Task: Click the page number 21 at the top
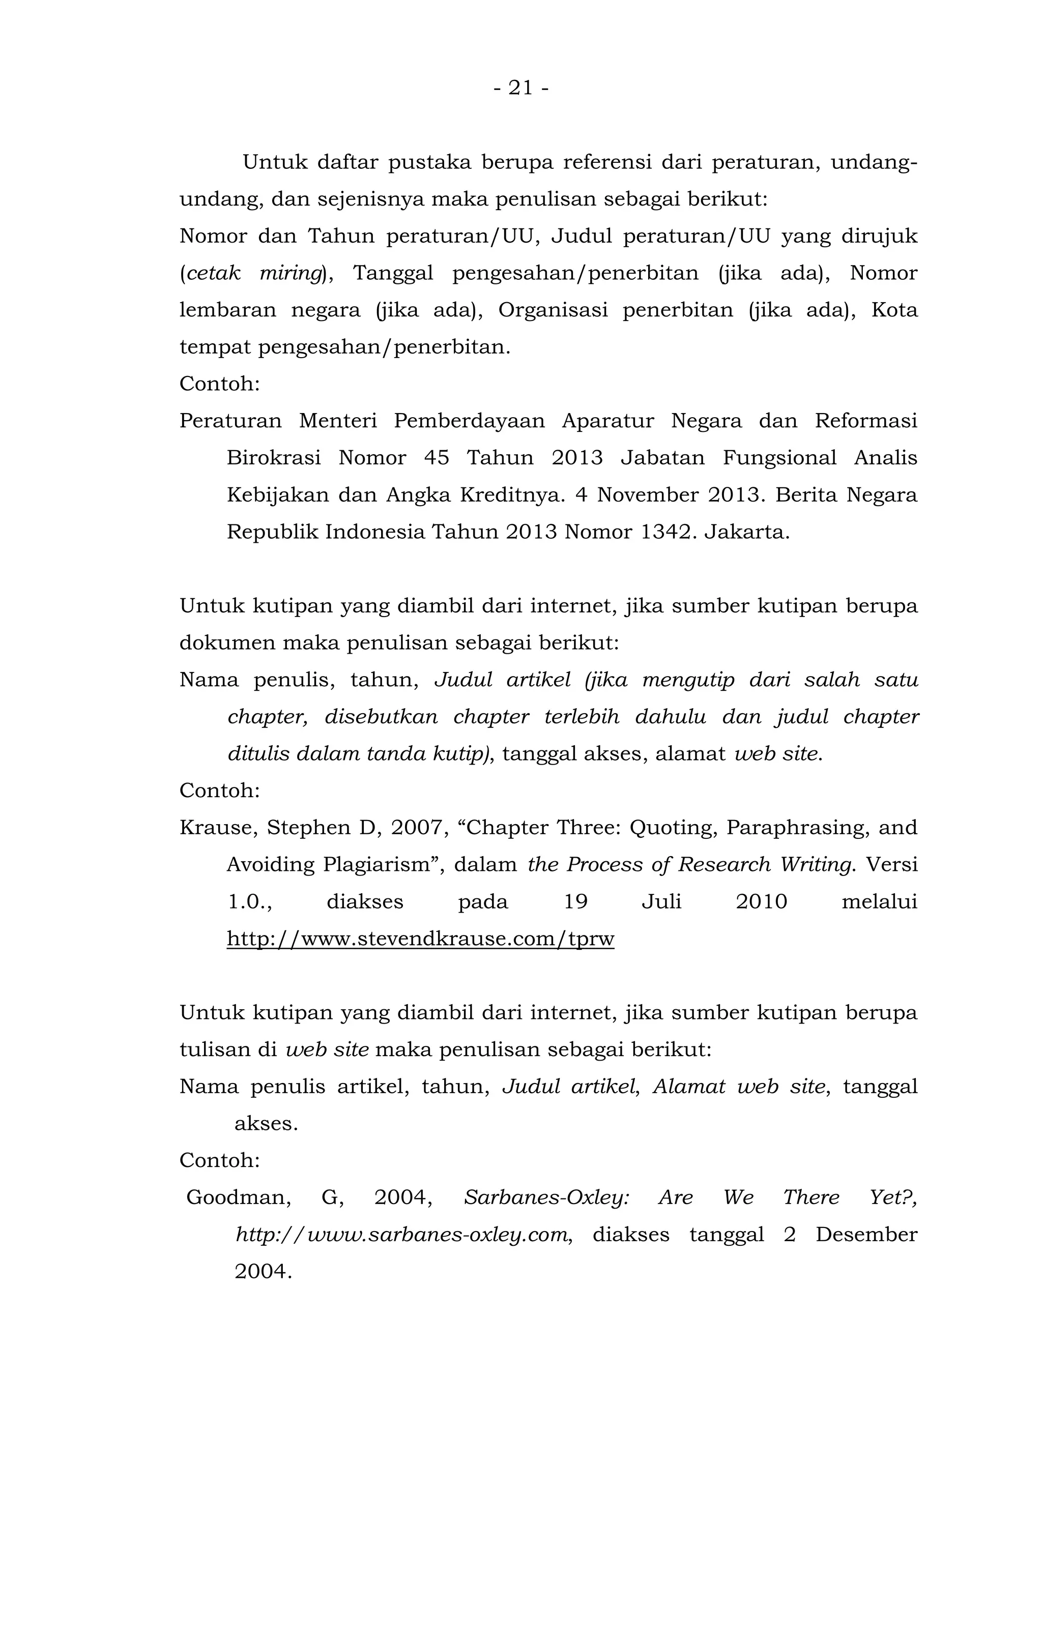pyautogui.click(x=520, y=89)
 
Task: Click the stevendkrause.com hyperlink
pyautogui.click(x=420, y=939)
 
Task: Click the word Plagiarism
pyautogui.click(x=378, y=865)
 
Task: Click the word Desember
pyautogui.click(x=866, y=1235)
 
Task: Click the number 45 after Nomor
pyautogui.click(x=436, y=458)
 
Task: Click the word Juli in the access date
pyautogui.click(x=661, y=902)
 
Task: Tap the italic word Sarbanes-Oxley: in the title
pyautogui.click(x=546, y=1197)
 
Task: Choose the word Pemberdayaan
pyautogui.click(x=469, y=422)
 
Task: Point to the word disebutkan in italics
pyautogui.click(x=381, y=717)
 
